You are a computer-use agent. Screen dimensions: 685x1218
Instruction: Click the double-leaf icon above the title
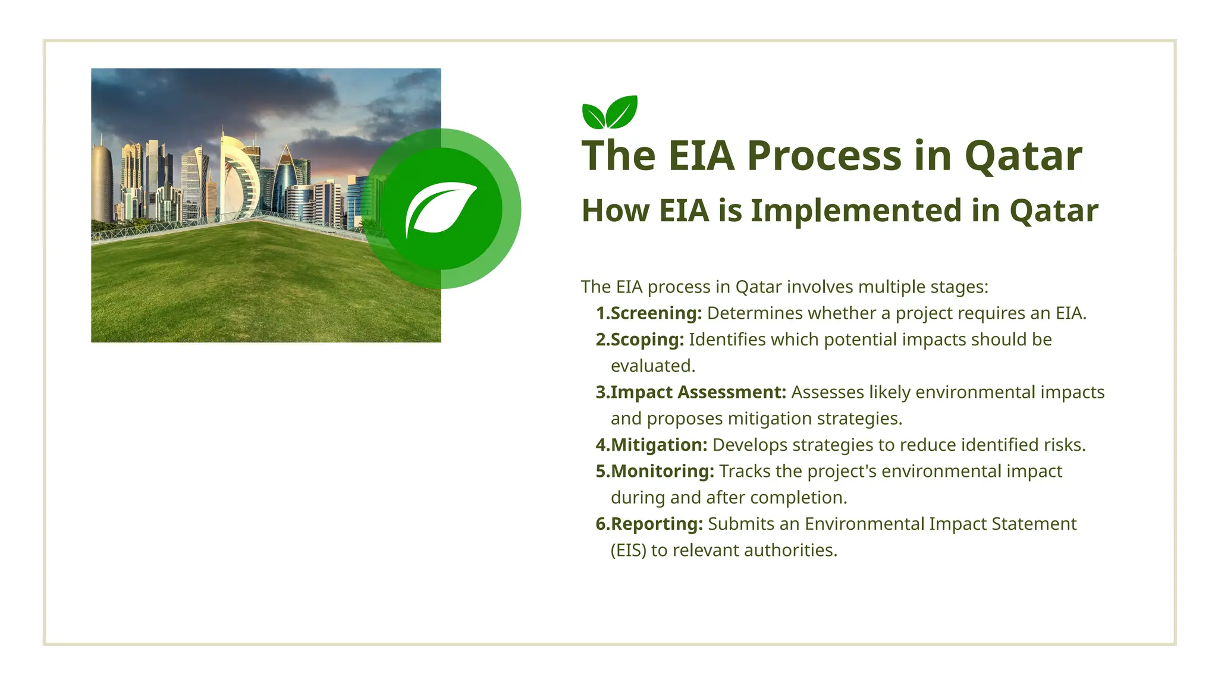tap(610, 112)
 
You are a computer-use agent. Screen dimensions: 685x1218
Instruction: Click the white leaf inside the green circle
tap(441, 209)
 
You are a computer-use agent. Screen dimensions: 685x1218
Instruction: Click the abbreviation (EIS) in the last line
tap(628, 551)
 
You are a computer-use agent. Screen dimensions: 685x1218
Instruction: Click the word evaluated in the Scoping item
tap(652, 366)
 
